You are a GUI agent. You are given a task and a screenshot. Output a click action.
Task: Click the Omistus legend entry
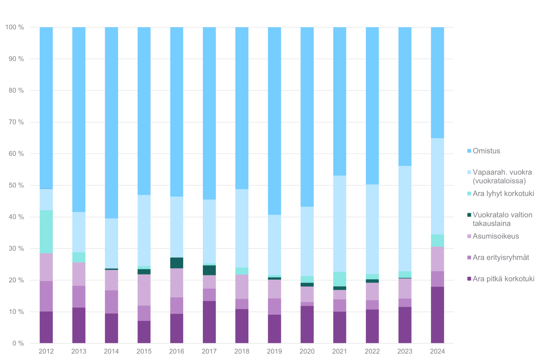click(486, 151)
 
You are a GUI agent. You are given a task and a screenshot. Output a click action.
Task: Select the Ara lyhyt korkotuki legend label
click(503, 194)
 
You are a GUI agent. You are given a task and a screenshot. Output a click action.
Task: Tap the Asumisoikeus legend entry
click(496, 236)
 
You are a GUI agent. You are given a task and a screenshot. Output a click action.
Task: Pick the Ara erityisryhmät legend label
click(501, 258)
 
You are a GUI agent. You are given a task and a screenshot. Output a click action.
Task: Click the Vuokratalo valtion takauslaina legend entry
click(502, 219)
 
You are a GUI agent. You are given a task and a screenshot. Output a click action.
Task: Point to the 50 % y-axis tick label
click(16, 186)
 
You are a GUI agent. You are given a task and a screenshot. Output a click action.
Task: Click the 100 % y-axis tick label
click(15, 27)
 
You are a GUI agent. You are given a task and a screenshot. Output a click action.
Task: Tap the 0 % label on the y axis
click(18, 343)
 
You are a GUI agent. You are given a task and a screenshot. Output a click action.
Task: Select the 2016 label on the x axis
click(176, 351)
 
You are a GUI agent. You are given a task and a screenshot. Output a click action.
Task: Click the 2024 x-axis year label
click(437, 351)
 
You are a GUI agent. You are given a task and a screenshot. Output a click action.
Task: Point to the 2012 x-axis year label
click(46, 351)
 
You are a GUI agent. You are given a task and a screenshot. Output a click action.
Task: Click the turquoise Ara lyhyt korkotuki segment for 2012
click(46, 232)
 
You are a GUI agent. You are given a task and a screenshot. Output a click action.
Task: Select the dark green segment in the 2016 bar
click(176, 263)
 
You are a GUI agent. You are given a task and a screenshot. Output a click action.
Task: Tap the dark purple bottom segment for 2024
click(437, 315)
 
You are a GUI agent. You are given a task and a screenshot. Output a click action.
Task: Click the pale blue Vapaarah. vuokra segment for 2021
click(339, 224)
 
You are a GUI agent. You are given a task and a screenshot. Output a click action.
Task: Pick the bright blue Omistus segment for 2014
click(111, 123)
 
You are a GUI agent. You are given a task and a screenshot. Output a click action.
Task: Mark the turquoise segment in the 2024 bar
click(437, 241)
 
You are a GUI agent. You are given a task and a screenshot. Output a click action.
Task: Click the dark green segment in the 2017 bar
click(209, 270)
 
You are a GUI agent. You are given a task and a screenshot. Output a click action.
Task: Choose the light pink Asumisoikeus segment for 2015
click(144, 290)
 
